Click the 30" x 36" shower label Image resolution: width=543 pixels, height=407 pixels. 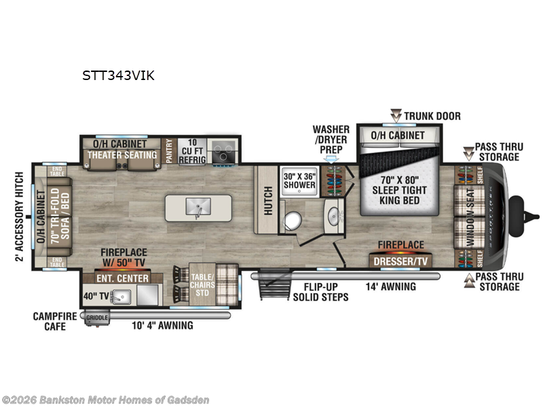pyautogui.click(x=299, y=180)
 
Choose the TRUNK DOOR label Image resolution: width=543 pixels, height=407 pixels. pyautogui.click(x=432, y=116)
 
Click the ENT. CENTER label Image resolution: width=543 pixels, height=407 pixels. pyautogui.click(x=122, y=278)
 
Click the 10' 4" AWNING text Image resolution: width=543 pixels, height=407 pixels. pyautogui.click(x=162, y=326)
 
